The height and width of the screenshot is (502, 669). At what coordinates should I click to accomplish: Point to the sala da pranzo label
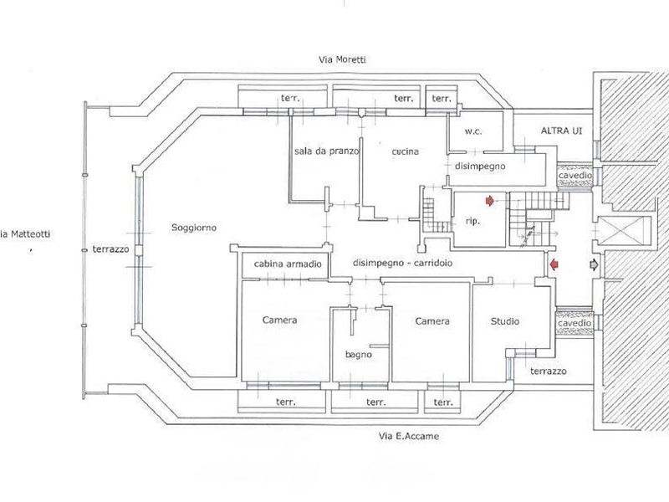[x=326, y=151]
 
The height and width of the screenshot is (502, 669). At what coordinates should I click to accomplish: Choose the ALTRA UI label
[x=561, y=132]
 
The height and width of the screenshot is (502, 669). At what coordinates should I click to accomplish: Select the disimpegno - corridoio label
[x=403, y=262]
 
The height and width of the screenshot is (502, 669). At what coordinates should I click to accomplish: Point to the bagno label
[x=359, y=355]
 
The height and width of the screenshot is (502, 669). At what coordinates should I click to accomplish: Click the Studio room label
[x=505, y=321]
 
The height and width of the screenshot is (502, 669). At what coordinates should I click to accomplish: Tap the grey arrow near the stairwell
[x=594, y=265]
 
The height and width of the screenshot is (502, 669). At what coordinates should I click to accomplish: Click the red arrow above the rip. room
[x=489, y=200]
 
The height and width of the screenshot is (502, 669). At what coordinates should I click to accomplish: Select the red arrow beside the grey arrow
[x=554, y=265]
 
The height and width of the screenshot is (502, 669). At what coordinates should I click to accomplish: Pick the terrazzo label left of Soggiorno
[x=110, y=248]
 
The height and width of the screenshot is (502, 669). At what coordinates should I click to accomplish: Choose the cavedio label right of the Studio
[x=575, y=322]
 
